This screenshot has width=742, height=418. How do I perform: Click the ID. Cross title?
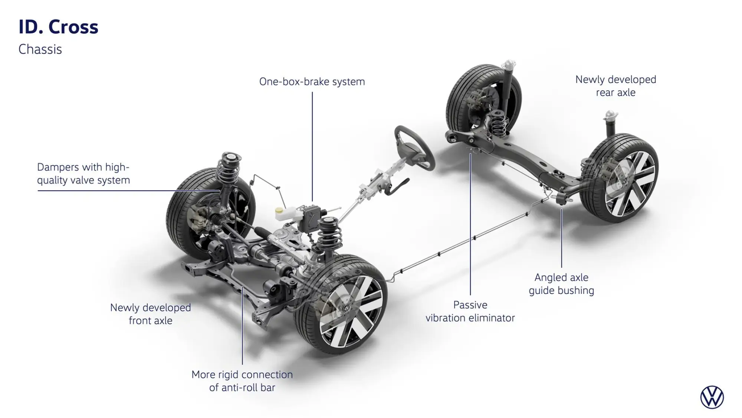pos(58,27)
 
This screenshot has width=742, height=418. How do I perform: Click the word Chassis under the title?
pos(40,49)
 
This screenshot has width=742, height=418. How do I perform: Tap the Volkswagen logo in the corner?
pos(712,397)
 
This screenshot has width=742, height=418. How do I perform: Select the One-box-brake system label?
pos(312,82)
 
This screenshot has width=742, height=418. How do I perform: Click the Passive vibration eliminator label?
pos(470,311)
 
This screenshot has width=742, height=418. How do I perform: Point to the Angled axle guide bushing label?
pos(561,284)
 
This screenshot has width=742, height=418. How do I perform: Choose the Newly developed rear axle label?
pos(615,86)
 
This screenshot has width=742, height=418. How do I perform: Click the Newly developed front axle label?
pos(150,314)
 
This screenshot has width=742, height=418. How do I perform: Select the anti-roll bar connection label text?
pos(242,381)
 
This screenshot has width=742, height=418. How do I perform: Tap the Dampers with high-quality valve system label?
pos(83,174)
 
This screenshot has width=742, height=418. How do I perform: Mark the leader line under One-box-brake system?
pos(312,145)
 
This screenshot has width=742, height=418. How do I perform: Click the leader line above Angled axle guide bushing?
pos(561,238)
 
